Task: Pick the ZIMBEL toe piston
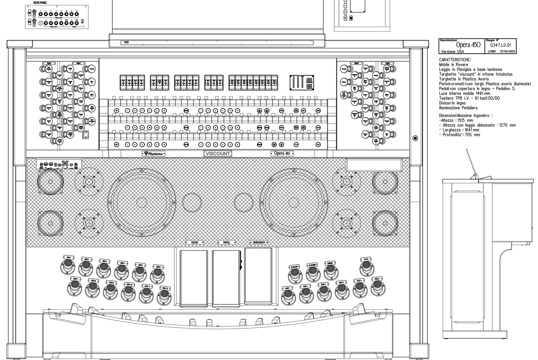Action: [330, 271]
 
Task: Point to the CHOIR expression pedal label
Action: [194, 242]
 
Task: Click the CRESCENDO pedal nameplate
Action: [259, 242]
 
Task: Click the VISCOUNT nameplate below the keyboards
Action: [217, 154]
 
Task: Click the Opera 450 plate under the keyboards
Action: [282, 154]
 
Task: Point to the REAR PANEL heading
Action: [40, 3]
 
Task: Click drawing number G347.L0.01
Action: [501, 45]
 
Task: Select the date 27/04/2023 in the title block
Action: [508, 51]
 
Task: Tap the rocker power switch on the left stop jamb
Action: [86, 134]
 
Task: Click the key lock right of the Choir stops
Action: [415, 138]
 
